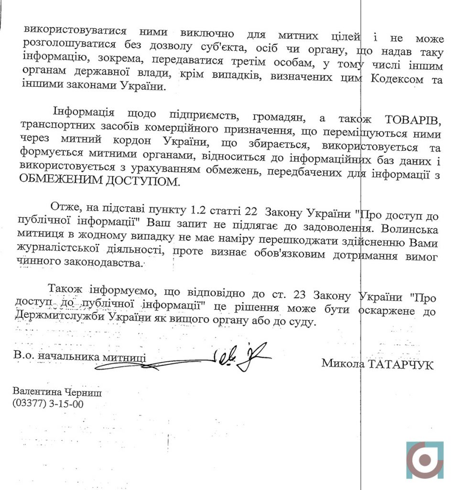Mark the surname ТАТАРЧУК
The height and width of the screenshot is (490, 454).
tap(401, 365)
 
